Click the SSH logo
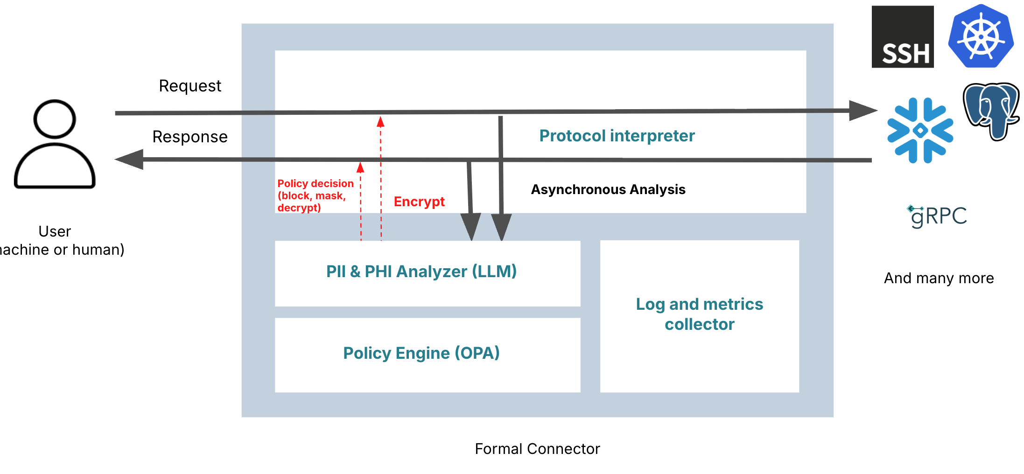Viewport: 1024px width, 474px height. coord(902,37)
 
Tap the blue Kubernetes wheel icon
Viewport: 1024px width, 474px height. coord(981,36)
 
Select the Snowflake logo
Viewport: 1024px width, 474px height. coord(920,130)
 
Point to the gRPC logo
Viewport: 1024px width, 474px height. coord(937,216)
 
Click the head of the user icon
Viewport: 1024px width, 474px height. coord(55,119)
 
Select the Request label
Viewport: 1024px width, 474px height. coord(190,86)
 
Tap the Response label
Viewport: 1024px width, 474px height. coord(190,137)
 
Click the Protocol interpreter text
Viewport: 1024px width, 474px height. coord(617,136)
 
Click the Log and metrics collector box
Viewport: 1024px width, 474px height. coord(699,315)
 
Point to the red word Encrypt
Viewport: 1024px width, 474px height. coord(419,202)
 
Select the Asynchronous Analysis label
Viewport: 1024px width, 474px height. coord(608,189)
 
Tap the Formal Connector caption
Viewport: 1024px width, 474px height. coord(537,449)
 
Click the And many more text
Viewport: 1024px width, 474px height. coord(939,278)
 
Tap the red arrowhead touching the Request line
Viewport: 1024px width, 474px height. coord(380,122)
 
